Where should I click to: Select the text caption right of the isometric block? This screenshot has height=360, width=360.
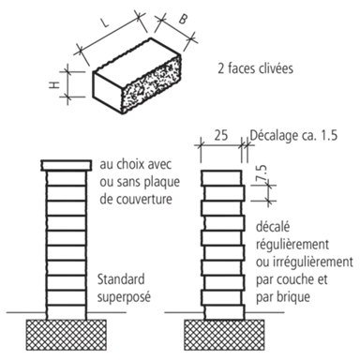click(x=259, y=67)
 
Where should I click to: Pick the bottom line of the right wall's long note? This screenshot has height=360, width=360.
click(x=287, y=298)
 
